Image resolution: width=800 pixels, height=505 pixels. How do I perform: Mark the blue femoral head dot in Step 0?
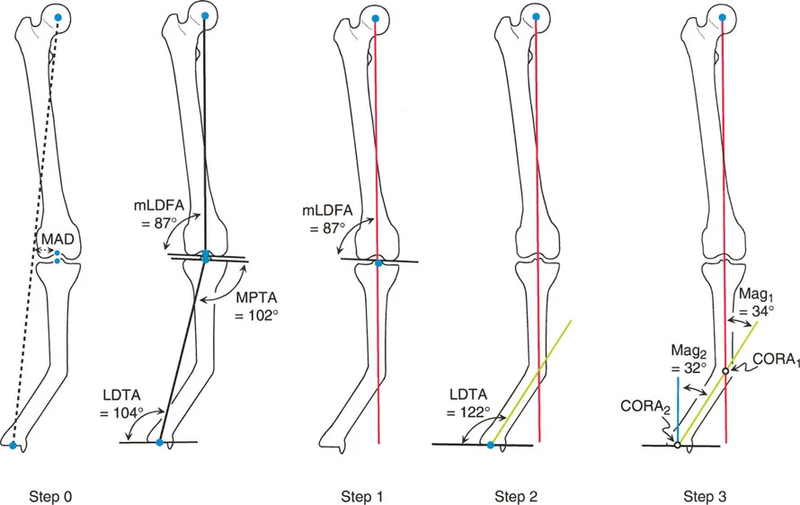58,18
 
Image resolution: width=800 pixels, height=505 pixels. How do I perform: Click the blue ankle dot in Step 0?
13,445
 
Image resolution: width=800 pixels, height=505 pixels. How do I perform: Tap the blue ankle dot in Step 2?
490,444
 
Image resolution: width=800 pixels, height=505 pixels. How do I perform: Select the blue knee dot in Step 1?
378,262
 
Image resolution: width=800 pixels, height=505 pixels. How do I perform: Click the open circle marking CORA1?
725,370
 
